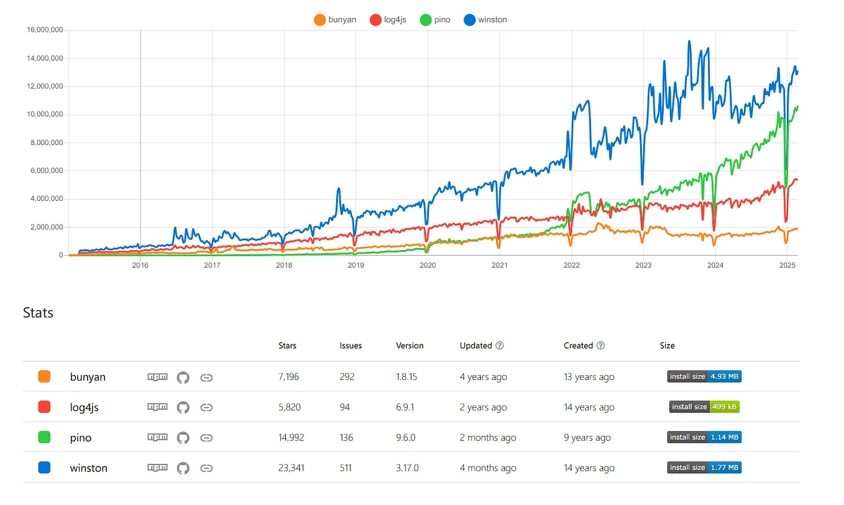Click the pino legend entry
(434, 20)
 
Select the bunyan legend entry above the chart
(336, 20)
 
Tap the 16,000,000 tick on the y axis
(44, 30)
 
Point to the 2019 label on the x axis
(355, 265)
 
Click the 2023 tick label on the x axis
(643, 265)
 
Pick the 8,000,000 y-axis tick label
(46, 143)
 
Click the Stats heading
(38, 312)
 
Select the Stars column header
(287, 346)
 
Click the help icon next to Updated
(500, 346)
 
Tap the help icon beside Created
(600, 346)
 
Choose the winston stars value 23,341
(291, 468)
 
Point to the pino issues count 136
(346, 438)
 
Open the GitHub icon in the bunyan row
(183, 378)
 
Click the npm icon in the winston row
(157, 468)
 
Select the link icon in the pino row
(206, 438)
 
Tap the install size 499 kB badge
(704, 407)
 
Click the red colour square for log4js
(44, 407)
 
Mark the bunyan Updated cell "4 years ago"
(483, 377)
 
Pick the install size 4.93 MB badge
(704, 376)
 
